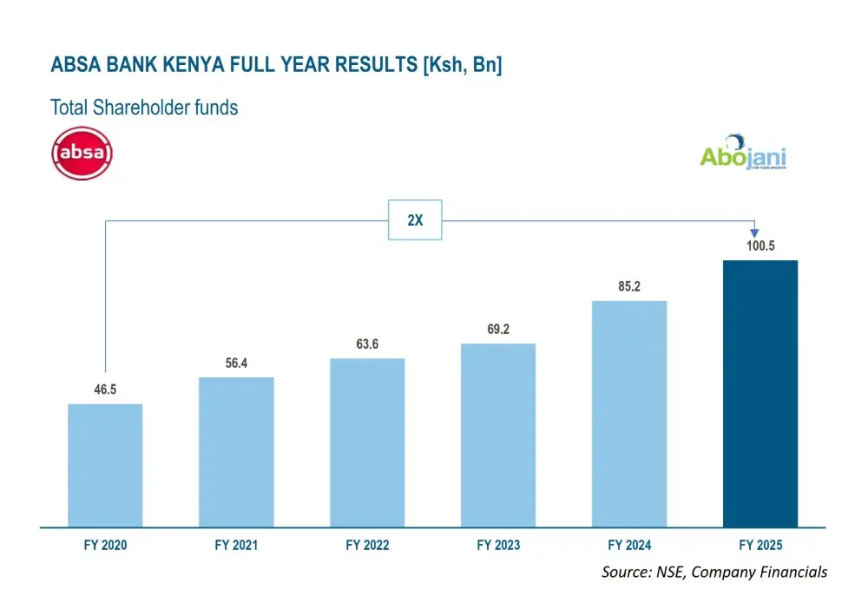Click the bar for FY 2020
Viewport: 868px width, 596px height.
click(x=105, y=465)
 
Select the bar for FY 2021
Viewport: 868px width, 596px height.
click(x=236, y=451)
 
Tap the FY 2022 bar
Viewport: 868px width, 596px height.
click(x=367, y=442)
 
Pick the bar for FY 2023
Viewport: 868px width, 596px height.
click(x=498, y=435)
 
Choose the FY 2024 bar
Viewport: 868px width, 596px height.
click(x=629, y=414)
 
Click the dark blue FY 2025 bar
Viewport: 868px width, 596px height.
click(x=760, y=393)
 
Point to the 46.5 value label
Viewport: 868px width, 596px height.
click(x=105, y=390)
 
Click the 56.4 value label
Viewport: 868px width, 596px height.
click(x=236, y=363)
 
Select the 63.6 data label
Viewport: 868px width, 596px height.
click(x=367, y=344)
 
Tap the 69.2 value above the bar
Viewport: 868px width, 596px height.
click(x=498, y=331)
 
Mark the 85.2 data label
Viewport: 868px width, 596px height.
click(x=629, y=287)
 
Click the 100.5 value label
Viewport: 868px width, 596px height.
click(x=760, y=246)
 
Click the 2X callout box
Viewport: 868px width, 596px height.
click(x=415, y=220)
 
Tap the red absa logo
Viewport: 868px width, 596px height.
click(x=82, y=154)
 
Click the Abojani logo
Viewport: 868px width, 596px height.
click(x=743, y=154)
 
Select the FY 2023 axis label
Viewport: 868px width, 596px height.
click(x=498, y=546)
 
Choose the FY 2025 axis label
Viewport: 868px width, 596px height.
click(x=760, y=546)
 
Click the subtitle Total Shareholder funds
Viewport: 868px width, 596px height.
click(x=144, y=108)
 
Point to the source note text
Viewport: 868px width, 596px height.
click(x=713, y=572)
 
